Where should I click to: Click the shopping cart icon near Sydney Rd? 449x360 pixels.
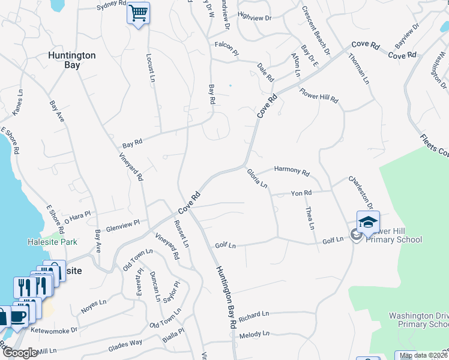(x=138, y=13)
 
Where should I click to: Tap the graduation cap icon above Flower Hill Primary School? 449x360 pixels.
(x=368, y=222)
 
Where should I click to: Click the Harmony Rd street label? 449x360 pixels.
(x=291, y=171)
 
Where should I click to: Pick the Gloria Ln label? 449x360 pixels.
(x=257, y=178)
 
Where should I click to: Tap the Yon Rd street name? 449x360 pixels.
(x=301, y=193)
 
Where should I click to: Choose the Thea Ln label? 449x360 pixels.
(x=310, y=217)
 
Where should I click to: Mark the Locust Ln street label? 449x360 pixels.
(x=151, y=67)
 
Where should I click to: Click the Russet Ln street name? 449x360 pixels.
(x=181, y=234)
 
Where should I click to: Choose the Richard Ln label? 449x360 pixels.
(x=254, y=315)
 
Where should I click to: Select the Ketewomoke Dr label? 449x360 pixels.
(x=54, y=330)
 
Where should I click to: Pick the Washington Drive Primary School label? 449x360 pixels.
(x=418, y=320)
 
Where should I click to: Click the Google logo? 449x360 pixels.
(x=19, y=353)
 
